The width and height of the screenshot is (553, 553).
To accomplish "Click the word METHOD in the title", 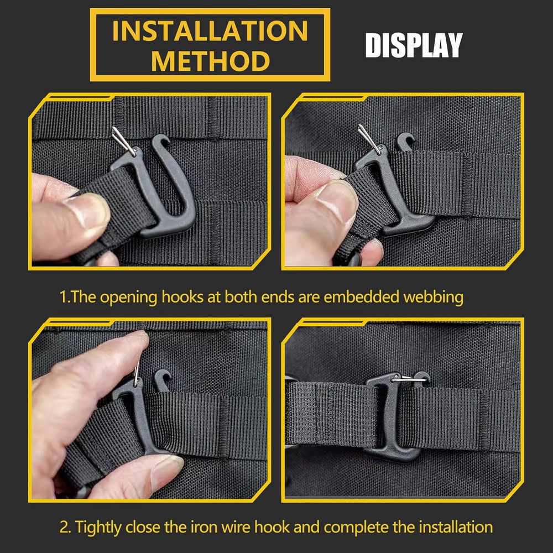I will click(x=210, y=61).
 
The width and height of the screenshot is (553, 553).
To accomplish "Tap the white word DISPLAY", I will click(x=413, y=46).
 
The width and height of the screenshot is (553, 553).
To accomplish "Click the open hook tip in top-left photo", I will click(x=156, y=142).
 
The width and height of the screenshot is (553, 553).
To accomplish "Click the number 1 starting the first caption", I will click(x=62, y=297).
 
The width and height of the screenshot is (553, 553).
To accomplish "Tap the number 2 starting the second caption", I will click(x=64, y=526).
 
